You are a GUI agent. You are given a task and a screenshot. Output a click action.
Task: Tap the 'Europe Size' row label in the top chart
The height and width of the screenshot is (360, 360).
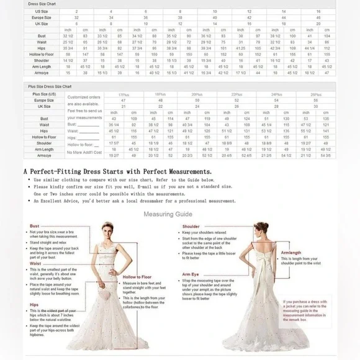point(43,17)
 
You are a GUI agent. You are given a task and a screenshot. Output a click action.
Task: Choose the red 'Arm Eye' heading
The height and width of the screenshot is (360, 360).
point(191,274)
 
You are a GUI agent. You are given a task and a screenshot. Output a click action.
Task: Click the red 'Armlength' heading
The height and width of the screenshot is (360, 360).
point(291,253)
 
